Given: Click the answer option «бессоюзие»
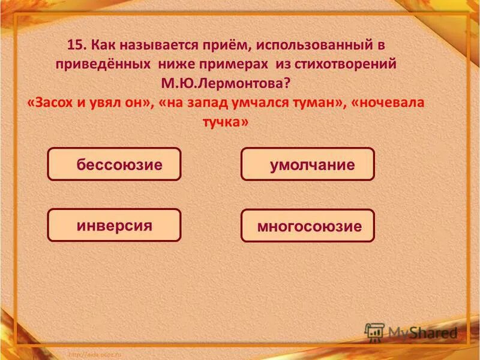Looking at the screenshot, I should pos(114,164).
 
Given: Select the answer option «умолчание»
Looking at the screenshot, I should pos(307,164).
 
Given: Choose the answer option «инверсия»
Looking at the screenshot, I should pos(114,226).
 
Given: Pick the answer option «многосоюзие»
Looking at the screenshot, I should pos(307,226).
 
